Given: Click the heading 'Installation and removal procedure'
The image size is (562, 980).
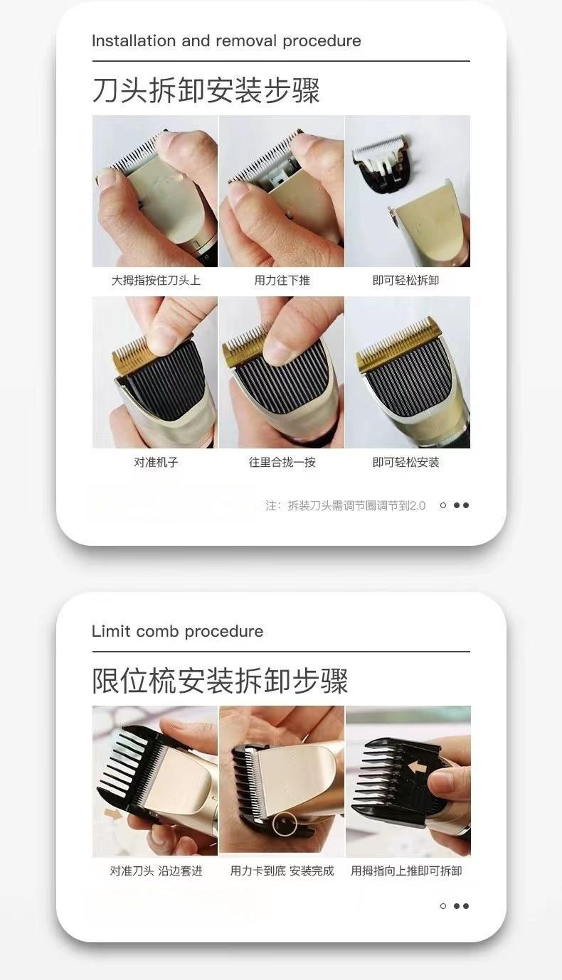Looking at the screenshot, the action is point(226,41).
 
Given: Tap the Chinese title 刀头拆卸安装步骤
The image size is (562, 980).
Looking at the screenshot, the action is point(206,90).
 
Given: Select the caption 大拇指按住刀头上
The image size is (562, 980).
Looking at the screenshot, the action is point(156,281).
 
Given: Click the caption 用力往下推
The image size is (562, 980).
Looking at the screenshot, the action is point(282,281).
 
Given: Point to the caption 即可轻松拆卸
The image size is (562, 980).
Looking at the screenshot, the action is point(405,281).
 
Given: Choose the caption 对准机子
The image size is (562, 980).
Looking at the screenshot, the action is point(156,462).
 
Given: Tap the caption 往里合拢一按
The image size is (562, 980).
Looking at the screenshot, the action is point(282,462).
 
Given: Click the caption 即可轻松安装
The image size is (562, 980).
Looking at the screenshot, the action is point(405,462).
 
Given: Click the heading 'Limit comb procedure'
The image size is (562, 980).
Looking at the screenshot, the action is point(177,631).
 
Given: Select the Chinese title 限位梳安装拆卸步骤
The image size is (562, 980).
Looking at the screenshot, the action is point(220,680).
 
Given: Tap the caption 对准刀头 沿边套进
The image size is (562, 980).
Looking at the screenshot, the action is point(156,871).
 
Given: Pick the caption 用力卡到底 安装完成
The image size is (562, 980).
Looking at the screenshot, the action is point(282,871).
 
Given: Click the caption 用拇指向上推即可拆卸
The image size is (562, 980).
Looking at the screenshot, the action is point(406,871).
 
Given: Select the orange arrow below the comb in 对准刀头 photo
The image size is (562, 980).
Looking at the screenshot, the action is point(112,813).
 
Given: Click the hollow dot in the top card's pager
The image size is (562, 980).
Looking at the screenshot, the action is point(443,505).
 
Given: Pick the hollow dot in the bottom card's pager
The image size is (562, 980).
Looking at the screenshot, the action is point(443,906).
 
